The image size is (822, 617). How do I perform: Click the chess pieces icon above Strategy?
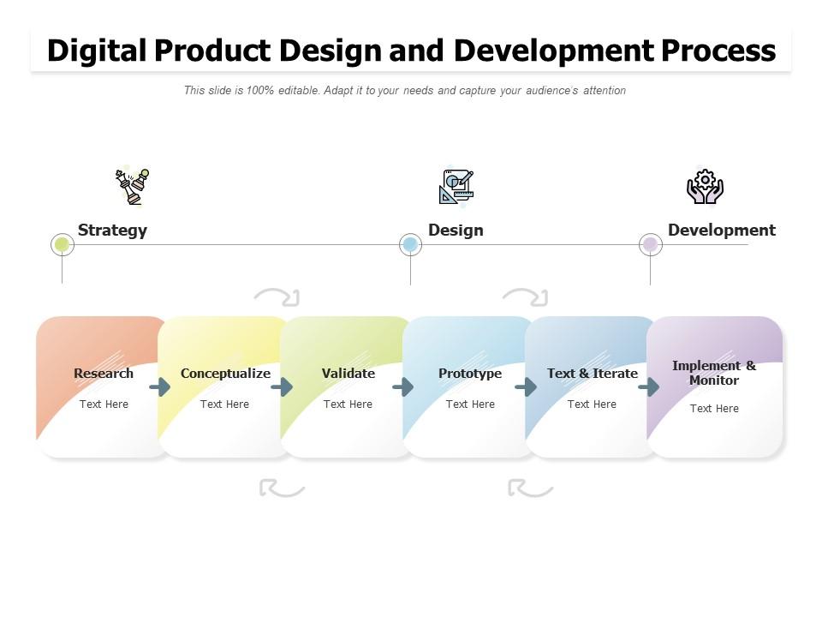click(x=132, y=186)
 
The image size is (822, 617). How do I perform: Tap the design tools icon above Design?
click(x=456, y=187)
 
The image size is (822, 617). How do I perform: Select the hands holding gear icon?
click(x=705, y=186)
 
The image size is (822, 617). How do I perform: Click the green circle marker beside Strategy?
click(x=62, y=244)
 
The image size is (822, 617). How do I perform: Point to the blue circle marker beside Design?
click(x=410, y=244)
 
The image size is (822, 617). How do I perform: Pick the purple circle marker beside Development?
click(x=650, y=244)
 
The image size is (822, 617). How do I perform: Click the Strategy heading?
click(x=112, y=230)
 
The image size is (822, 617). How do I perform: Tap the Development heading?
click(x=721, y=230)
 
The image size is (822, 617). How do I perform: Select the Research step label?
click(x=104, y=374)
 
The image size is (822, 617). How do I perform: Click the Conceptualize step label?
click(x=225, y=374)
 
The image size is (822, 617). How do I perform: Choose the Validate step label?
click(x=348, y=374)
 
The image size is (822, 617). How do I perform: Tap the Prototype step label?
click(x=470, y=374)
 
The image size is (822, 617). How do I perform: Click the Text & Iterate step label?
click(x=593, y=374)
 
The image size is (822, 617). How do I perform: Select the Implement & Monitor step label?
click(x=714, y=373)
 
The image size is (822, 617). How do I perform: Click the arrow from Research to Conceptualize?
click(x=160, y=387)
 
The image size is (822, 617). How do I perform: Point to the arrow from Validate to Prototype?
click(x=403, y=387)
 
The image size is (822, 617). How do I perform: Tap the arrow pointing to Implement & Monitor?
click(x=649, y=387)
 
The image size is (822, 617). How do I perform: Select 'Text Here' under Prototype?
click(x=470, y=404)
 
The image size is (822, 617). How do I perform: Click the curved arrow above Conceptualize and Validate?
click(x=277, y=297)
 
